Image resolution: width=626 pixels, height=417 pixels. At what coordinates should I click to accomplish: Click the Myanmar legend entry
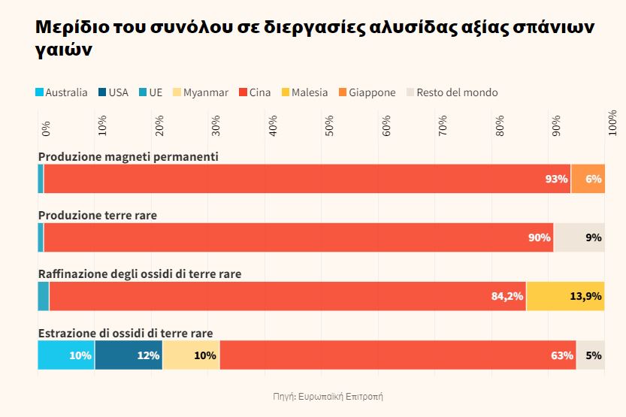200,92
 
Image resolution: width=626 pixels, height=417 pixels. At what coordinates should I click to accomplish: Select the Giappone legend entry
366,92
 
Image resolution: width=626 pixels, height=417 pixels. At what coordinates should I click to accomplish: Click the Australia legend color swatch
39,92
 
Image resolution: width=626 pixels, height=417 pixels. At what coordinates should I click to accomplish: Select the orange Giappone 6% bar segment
588,179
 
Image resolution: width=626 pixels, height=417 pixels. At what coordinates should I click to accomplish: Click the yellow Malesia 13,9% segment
565,296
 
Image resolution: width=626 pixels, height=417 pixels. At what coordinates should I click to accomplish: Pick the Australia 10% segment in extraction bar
66,355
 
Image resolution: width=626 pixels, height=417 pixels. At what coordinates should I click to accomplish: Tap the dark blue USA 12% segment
129,355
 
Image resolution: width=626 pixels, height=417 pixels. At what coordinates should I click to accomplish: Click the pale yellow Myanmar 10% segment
191,355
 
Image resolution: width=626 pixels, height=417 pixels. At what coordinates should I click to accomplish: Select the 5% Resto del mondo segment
591,355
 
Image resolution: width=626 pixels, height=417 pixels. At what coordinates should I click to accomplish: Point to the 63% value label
561,355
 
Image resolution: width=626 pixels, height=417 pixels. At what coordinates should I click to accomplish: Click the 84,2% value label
507,296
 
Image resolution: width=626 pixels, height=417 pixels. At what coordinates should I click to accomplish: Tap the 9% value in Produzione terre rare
594,237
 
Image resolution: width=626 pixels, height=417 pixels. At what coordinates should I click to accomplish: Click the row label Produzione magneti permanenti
128,156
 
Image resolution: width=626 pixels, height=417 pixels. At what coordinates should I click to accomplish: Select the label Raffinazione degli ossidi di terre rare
140,274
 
